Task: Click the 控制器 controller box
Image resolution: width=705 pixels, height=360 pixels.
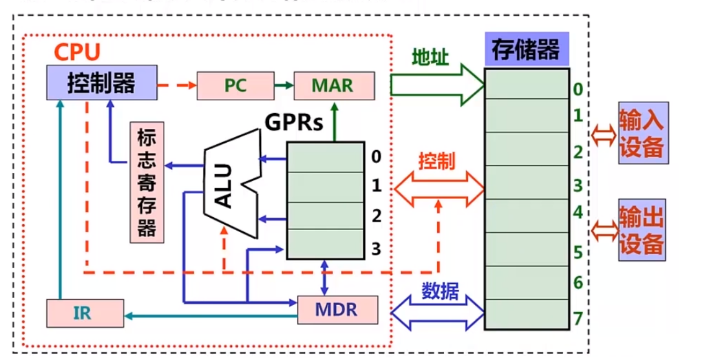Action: (101, 83)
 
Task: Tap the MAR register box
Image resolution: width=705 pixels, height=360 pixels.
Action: (333, 85)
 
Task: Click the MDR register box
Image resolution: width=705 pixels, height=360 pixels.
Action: (337, 310)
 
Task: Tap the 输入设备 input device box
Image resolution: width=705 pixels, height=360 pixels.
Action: (641, 133)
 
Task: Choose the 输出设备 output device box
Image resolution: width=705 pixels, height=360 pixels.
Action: (641, 230)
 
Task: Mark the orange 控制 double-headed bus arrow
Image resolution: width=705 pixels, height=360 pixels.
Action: (438, 187)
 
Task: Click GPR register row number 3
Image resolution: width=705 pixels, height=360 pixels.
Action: (325, 248)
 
